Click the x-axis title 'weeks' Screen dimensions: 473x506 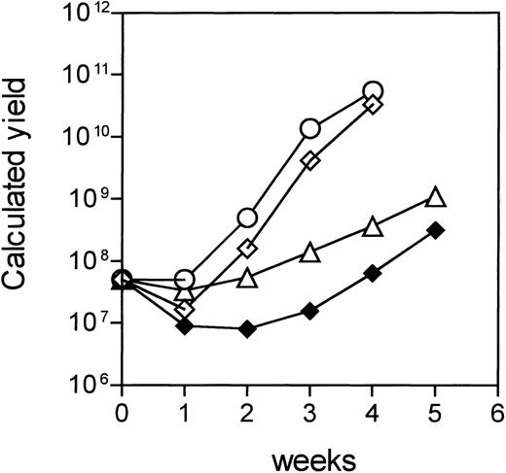pyautogui.click(x=310, y=453)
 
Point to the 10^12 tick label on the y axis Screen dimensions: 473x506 pyautogui.click(x=85, y=17)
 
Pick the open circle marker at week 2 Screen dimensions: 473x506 pyautogui.click(x=247, y=218)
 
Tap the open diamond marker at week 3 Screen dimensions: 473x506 pyautogui.click(x=310, y=160)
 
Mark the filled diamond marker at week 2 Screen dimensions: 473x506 pyautogui.click(x=247, y=329)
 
